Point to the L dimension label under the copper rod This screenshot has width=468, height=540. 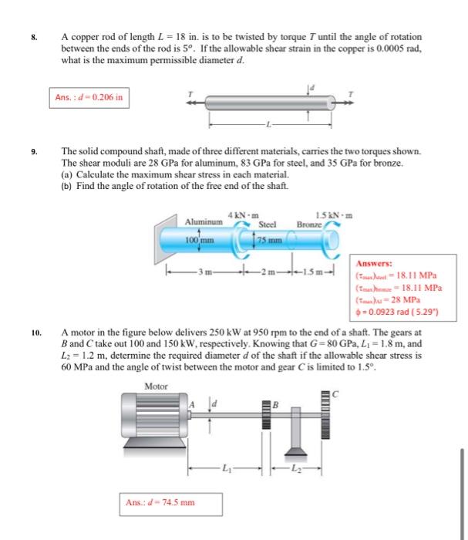[x=268, y=125]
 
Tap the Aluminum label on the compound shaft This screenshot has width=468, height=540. [x=203, y=221]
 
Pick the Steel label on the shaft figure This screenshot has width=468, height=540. [x=266, y=224]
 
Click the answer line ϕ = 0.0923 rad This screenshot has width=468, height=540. [x=396, y=313]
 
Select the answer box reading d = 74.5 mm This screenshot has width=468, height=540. [x=159, y=503]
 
